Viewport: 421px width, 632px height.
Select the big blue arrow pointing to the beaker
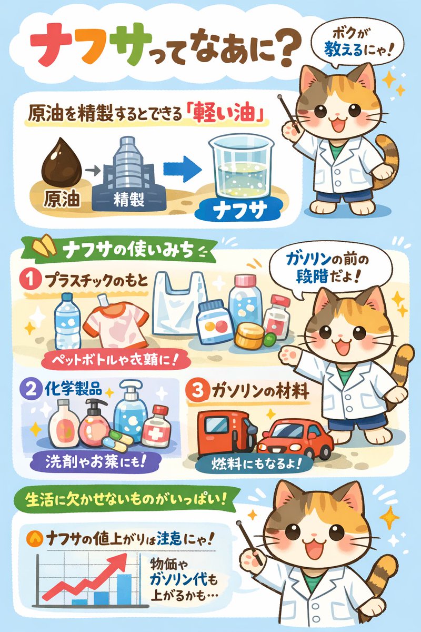pos(182,168)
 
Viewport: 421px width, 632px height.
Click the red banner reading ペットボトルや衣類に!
pos(110,362)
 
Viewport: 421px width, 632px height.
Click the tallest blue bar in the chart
pos(124,590)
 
